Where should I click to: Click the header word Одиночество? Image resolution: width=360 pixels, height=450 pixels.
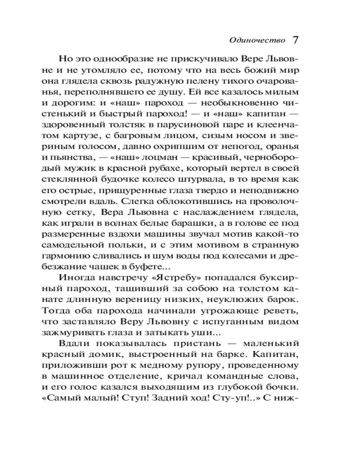coord(257,40)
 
